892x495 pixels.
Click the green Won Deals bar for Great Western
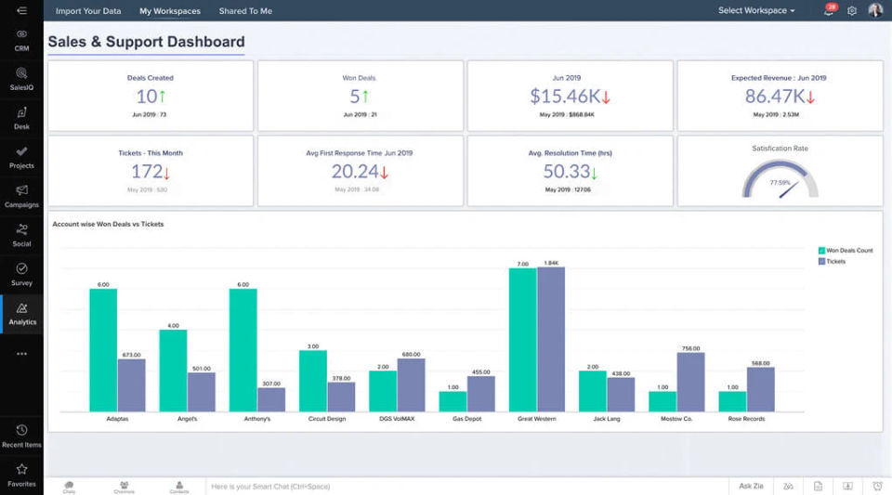tap(523, 339)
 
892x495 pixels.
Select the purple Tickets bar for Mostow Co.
tap(690, 382)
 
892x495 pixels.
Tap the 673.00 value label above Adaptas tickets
tap(131, 354)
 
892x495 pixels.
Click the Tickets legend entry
tap(835, 262)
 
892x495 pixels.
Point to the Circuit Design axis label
tap(327, 419)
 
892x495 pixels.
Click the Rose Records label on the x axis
tap(746, 419)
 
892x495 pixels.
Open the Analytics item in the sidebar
tap(22, 313)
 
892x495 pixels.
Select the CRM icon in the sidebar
tap(22, 34)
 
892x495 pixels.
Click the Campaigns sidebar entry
tap(22, 196)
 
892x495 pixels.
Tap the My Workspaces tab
tap(170, 11)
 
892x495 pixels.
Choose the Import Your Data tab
tap(88, 11)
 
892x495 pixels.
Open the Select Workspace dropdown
tap(756, 11)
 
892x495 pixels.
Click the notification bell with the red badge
tap(829, 11)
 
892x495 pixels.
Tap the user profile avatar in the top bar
tap(875, 10)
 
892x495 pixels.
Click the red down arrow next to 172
tap(166, 173)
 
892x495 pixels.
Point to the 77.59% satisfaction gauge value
tap(780, 182)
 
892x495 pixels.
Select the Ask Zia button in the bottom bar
tap(751, 486)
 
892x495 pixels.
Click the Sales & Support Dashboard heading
tap(146, 42)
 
